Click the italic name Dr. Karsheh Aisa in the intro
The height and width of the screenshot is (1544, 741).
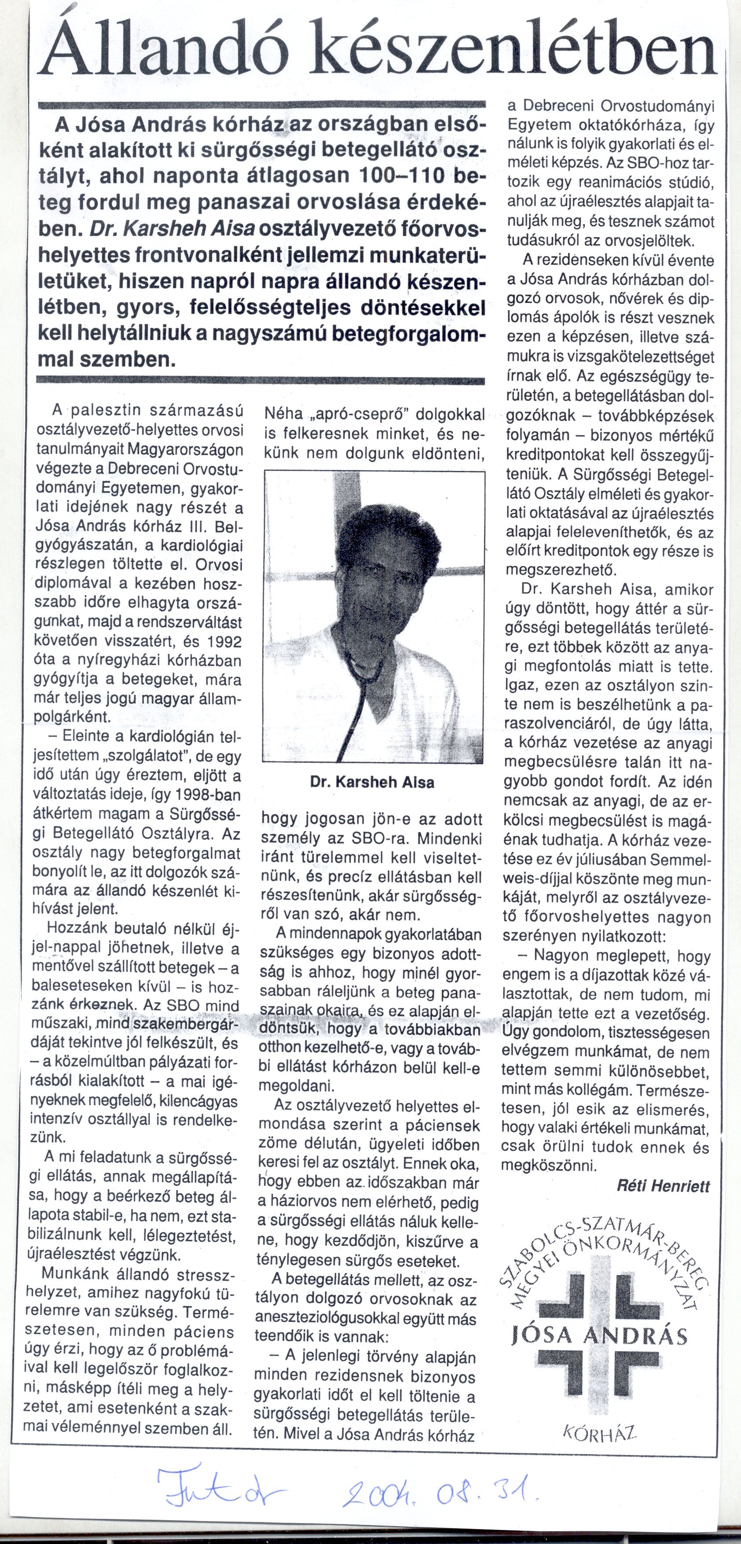(x=172, y=229)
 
